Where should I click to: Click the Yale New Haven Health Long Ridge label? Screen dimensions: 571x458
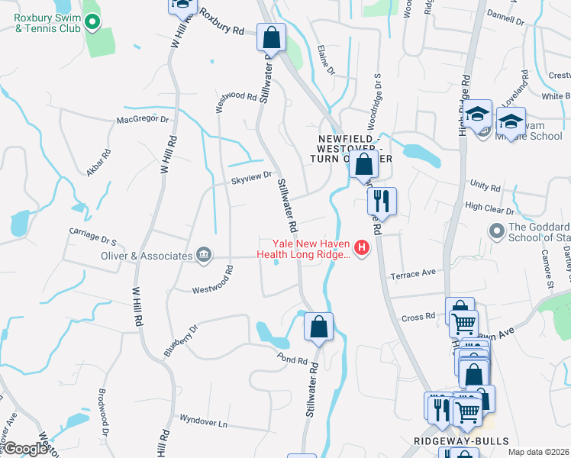pos(304,248)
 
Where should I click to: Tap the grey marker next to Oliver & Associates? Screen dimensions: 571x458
pos(204,256)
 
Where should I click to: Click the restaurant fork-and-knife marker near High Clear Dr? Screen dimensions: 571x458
pos(382,202)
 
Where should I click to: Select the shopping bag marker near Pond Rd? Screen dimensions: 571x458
pos(319,327)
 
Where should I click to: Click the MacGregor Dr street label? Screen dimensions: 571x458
pos(142,120)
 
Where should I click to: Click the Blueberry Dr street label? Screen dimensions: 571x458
pos(180,340)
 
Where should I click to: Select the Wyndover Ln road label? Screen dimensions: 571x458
pos(204,421)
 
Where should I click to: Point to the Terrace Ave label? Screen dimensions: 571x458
pos(412,273)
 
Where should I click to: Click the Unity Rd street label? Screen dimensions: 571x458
pos(485,186)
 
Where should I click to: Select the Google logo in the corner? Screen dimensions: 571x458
pos(24,449)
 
